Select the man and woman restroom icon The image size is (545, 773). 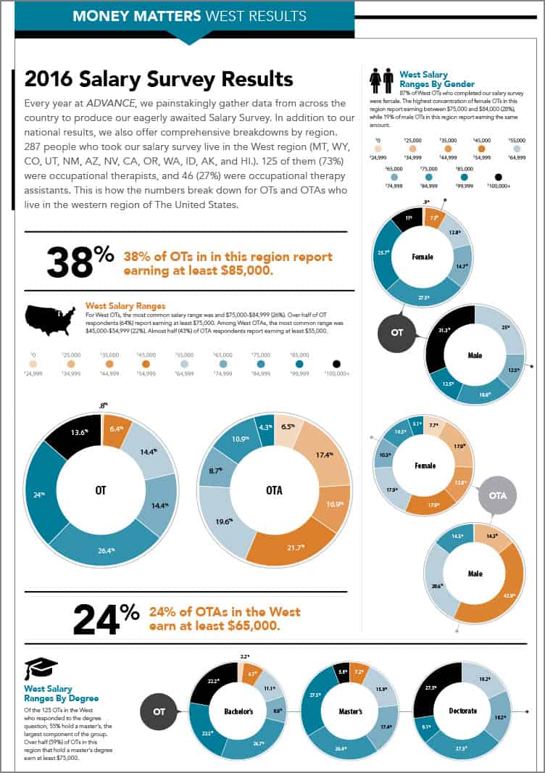pos(381,82)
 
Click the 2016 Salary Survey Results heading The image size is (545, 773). pos(159,78)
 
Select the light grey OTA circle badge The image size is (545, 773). pos(497,495)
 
